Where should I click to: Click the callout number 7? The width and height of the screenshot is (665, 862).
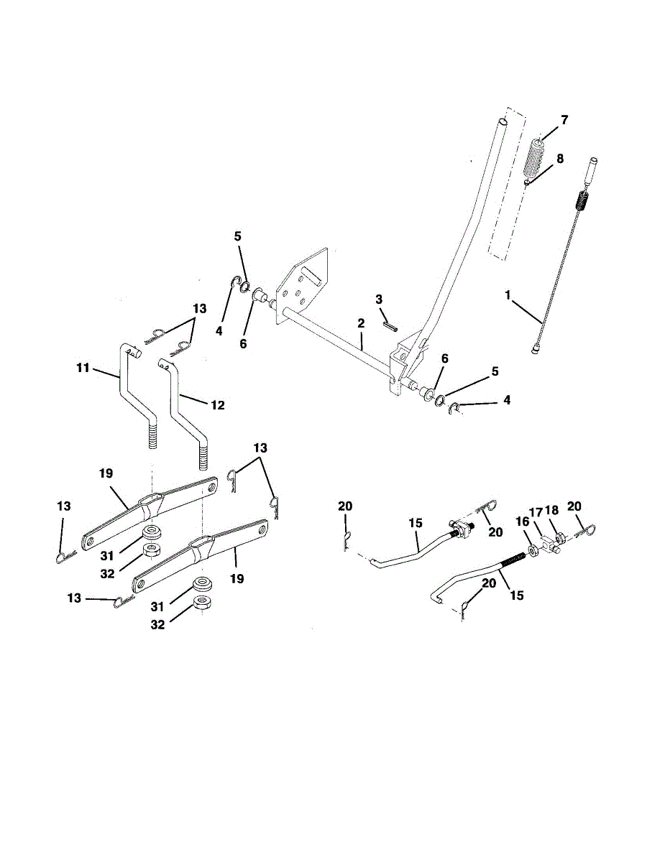pos(564,120)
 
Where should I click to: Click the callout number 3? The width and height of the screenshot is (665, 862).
pos(379,298)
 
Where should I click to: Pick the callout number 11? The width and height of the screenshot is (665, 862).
pos(83,368)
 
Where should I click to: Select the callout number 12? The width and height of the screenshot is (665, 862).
pos(217,405)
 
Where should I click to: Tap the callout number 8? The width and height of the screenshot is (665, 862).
pos(559,159)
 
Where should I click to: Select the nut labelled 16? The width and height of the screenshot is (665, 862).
pos(534,550)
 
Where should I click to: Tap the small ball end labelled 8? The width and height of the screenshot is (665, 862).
pos(528,182)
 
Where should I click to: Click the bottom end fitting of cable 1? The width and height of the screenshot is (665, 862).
pos(537,350)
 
